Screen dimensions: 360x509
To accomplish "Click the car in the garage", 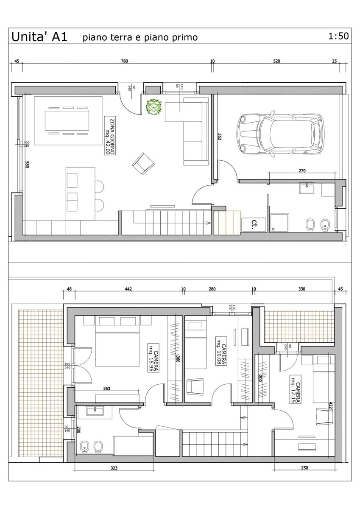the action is coord(280,134).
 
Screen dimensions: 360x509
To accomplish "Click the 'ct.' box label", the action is coord(254,225).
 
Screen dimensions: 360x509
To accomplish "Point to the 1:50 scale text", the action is coord(338,36).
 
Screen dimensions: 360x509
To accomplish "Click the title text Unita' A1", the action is coord(39,37).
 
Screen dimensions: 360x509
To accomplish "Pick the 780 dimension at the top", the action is coord(125,61).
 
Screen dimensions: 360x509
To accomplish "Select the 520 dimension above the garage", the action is coord(276,61).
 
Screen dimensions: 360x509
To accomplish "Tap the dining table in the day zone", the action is coord(67,120).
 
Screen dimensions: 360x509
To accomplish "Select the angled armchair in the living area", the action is coord(144,164).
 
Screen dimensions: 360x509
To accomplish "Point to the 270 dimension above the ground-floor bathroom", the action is coord(302,171).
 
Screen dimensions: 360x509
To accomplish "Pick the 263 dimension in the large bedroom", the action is coord(106,389).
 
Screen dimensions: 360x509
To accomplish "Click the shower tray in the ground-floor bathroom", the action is coord(279,222).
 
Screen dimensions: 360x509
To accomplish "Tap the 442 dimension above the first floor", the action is coord(128,289).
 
